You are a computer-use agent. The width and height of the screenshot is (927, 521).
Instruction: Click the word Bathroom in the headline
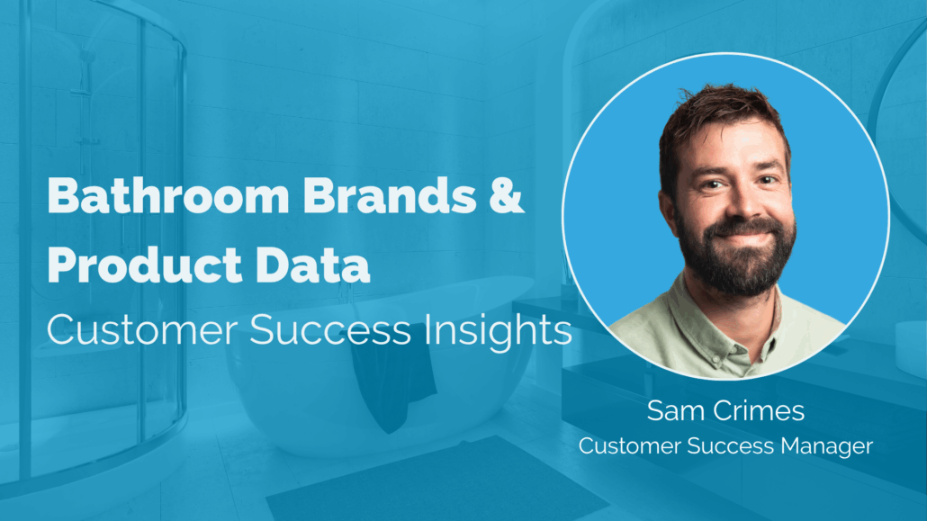(x=168, y=195)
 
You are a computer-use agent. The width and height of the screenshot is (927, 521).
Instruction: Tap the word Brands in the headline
(x=390, y=195)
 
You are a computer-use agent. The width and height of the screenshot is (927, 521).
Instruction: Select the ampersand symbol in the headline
(x=507, y=195)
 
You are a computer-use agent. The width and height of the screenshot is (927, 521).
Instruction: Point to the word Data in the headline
(x=312, y=265)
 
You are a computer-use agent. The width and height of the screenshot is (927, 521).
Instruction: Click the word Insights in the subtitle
(x=498, y=330)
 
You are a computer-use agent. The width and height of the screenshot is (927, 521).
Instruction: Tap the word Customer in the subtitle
(x=142, y=330)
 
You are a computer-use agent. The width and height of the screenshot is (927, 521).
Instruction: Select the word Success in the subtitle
(x=330, y=330)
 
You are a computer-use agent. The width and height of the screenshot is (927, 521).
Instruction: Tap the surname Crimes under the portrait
(x=759, y=410)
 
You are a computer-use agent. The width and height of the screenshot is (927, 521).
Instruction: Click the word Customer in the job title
(x=630, y=446)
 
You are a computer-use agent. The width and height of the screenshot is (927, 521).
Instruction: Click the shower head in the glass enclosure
(x=87, y=58)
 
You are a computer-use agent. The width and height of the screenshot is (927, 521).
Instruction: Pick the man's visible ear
(x=668, y=213)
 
